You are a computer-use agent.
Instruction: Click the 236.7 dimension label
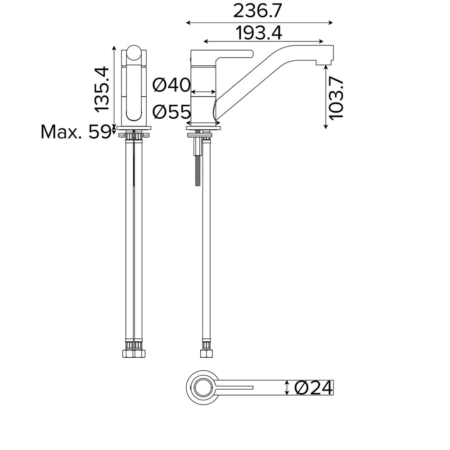coord(258,11)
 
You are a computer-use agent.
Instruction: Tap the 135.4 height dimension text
coord(102,90)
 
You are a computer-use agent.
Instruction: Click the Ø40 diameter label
coord(171,85)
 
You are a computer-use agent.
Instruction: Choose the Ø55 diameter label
coord(171,111)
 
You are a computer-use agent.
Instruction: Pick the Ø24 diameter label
coord(314,388)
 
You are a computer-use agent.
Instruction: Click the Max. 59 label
coord(76,132)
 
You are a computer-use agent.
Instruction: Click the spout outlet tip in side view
coord(325,63)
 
